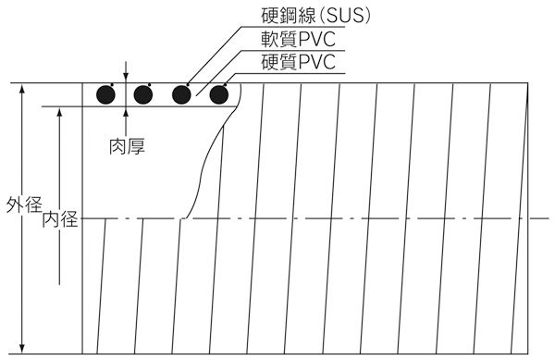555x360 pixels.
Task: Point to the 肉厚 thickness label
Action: click(x=126, y=145)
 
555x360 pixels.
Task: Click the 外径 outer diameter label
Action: click(x=19, y=204)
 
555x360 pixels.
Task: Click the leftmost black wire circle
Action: click(x=106, y=94)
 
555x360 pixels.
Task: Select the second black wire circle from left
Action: click(x=142, y=94)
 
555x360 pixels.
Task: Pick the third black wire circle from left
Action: click(x=181, y=94)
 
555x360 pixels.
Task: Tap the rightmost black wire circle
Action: click(x=219, y=94)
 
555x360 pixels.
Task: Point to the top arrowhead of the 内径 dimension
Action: click(x=58, y=112)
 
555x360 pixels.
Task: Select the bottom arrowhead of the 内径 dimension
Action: click(x=58, y=280)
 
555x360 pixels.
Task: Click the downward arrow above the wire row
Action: click(x=126, y=78)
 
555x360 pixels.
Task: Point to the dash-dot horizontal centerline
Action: click(x=370, y=219)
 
